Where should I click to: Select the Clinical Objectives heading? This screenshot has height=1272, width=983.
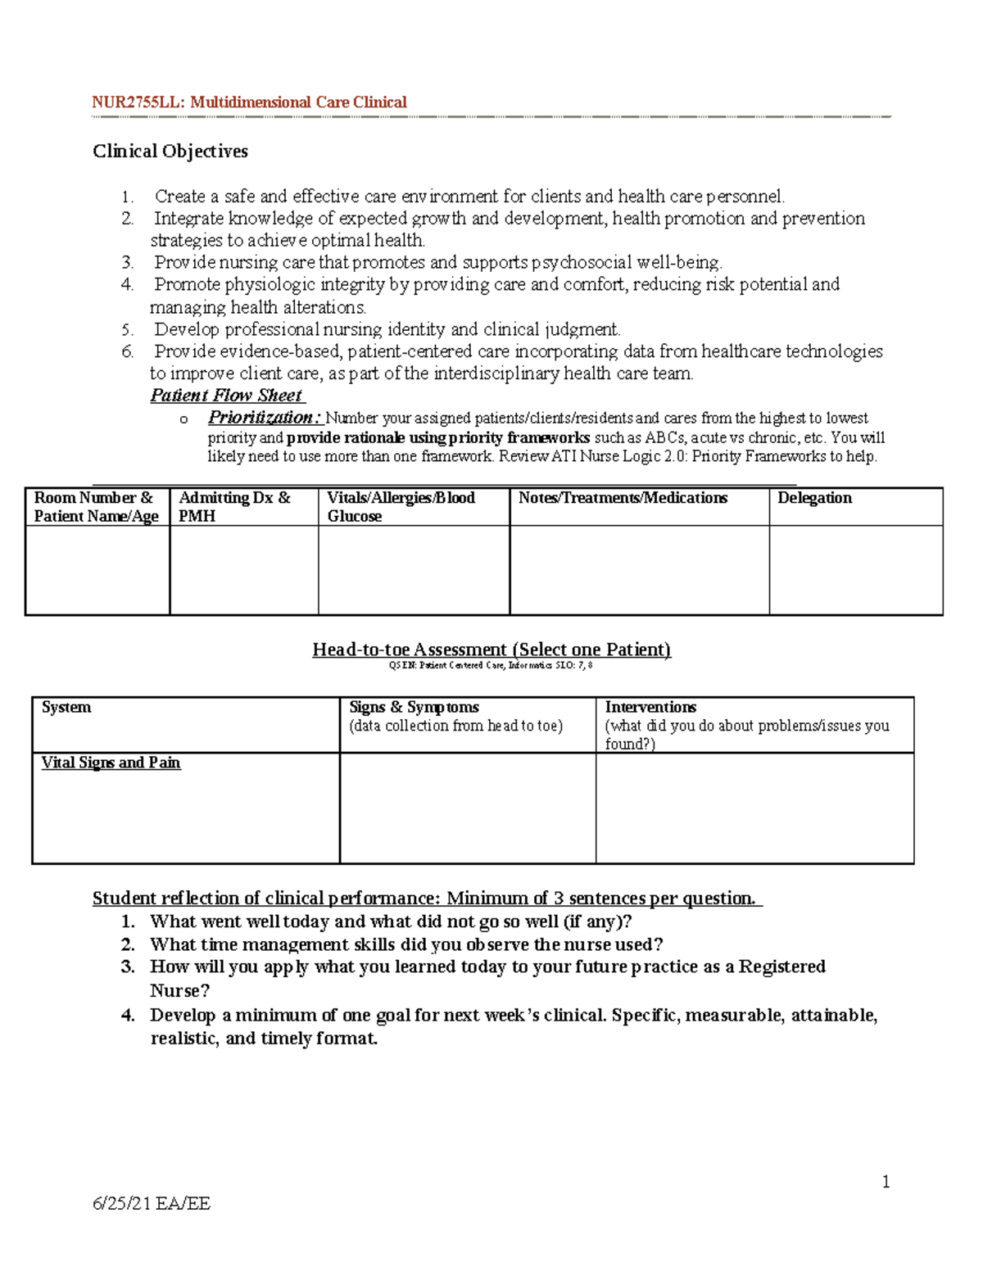click(x=170, y=152)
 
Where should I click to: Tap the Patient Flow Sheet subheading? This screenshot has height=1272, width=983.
click(x=227, y=396)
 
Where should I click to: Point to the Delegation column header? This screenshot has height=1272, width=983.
click(x=814, y=498)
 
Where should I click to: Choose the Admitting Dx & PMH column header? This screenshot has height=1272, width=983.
click(x=234, y=507)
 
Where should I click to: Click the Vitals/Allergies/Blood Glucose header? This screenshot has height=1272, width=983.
click(x=401, y=507)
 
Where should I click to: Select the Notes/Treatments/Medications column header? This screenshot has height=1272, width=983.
click(x=623, y=498)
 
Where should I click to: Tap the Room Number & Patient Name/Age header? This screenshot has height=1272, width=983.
click(x=96, y=507)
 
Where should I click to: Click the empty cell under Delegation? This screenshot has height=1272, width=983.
click(x=856, y=570)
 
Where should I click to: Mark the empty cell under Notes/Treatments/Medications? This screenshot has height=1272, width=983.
click(x=639, y=570)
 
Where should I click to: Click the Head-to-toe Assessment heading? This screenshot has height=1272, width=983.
click(x=491, y=650)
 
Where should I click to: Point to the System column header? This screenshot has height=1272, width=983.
click(x=66, y=708)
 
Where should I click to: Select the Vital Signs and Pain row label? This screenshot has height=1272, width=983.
click(x=111, y=763)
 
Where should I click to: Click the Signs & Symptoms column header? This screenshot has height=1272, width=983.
click(x=414, y=708)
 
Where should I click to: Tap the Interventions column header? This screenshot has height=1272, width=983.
click(x=650, y=708)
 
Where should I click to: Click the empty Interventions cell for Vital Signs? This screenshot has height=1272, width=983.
click(x=754, y=808)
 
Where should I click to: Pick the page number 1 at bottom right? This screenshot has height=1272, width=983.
click(x=886, y=1181)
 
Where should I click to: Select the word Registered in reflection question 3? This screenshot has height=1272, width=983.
click(x=781, y=967)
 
